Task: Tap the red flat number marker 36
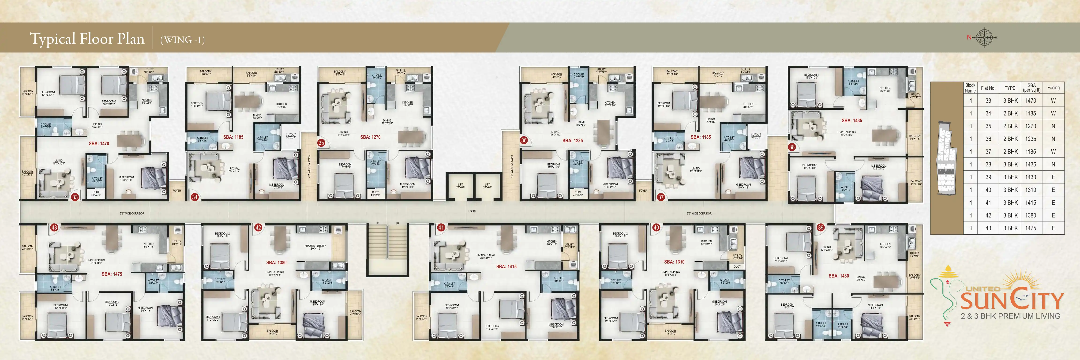click(524, 140)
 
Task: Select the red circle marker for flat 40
click(656, 228)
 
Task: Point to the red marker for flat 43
click(54, 228)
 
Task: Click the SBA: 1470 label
click(99, 143)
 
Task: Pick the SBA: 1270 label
click(370, 137)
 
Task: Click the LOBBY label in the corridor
click(472, 211)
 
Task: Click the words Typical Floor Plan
click(87, 39)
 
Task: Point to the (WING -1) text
click(182, 40)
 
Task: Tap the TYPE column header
click(1010, 88)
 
